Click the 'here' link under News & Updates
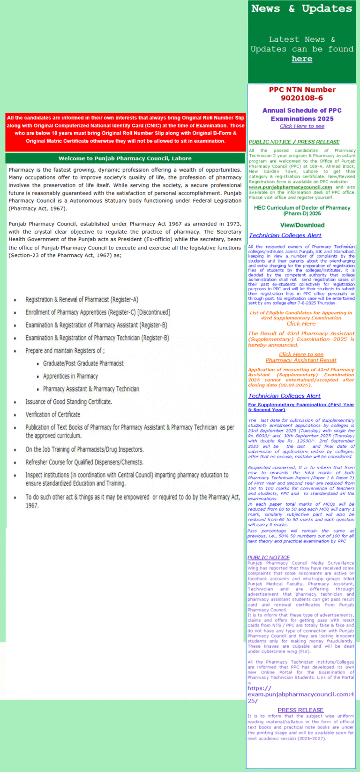302,59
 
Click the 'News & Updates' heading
301,8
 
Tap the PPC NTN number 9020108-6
302,98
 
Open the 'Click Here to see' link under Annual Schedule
302,126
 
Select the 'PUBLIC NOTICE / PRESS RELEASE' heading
294,142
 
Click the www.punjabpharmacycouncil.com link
290,187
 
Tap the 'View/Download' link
302,225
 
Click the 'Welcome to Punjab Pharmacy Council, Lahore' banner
125,159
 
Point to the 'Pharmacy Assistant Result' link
301,360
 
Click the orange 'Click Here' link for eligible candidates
301,324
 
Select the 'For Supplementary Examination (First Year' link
301,405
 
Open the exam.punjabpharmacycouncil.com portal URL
300,694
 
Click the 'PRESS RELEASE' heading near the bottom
300,710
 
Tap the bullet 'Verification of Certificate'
53,415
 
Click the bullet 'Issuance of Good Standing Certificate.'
69,402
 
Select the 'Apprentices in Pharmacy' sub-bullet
70,376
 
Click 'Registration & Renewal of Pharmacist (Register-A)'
82,300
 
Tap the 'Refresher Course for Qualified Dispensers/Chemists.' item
84,462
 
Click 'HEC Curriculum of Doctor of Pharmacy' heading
302,208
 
